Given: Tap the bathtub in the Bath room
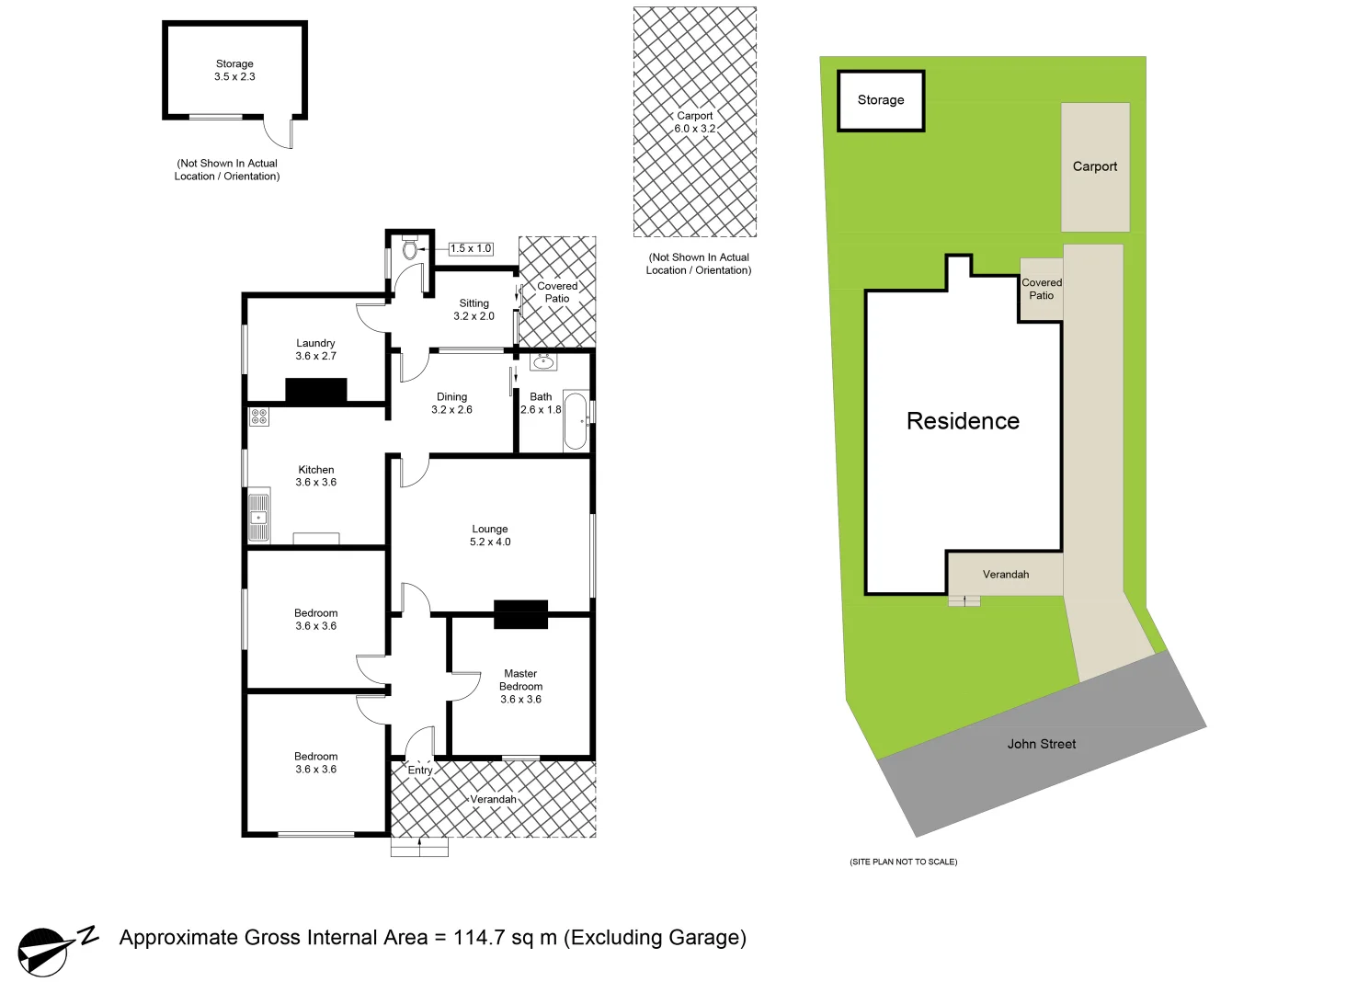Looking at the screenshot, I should (x=576, y=421).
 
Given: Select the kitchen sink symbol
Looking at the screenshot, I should (x=258, y=517).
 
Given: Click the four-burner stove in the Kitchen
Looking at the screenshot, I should (x=258, y=417).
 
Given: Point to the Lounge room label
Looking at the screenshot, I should (x=490, y=535).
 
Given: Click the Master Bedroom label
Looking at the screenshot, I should (x=520, y=686).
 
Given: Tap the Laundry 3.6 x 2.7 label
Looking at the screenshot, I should (x=315, y=349).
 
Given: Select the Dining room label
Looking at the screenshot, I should (x=451, y=403).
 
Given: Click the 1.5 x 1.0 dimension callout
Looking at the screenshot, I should (x=471, y=248).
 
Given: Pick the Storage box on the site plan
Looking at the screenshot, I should (x=881, y=100).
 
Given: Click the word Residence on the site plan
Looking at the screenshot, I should (x=963, y=421).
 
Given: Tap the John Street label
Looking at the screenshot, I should (x=1041, y=744).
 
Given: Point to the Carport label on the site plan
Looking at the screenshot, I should (x=1095, y=166).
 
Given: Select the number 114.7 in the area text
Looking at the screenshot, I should (x=479, y=938).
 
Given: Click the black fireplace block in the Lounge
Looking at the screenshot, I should (x=520, y=614).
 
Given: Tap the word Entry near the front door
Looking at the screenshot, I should (x=420, y=770).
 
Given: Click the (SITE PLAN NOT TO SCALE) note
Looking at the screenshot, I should (x=903, y=862).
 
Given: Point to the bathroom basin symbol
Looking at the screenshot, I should (x=543, y=361).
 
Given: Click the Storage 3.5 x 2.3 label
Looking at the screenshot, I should (x=234, y=70).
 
